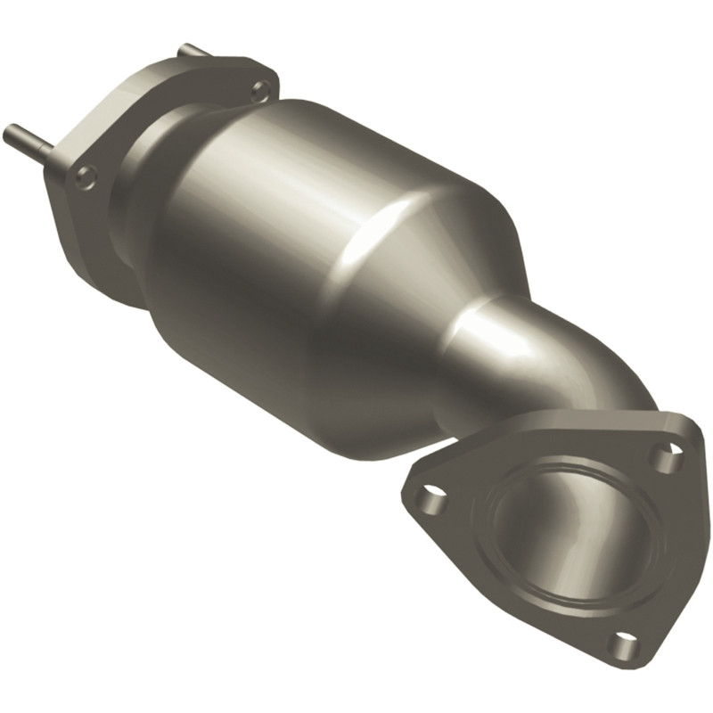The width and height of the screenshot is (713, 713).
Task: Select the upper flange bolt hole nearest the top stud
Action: [259, 89]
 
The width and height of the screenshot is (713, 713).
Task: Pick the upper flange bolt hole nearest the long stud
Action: [86, 177]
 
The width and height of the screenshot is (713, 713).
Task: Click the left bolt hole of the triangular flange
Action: [431, 494]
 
